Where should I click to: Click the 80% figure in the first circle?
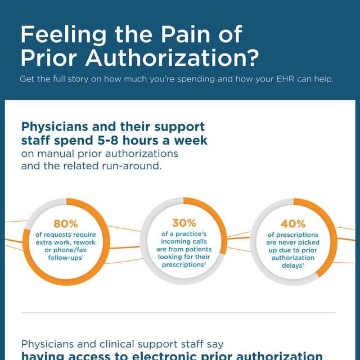coord(65,224)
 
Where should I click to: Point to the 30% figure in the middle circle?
coord(184,223)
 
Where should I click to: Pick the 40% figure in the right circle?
coord(293,224)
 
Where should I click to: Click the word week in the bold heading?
coord(190,140)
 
